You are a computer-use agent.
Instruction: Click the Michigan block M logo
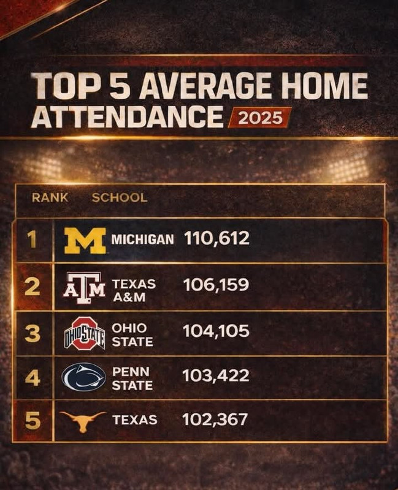85,241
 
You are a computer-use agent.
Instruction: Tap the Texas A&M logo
85,288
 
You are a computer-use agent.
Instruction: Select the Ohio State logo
85,333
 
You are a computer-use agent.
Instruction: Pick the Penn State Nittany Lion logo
84,377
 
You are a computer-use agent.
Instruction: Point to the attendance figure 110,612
216,239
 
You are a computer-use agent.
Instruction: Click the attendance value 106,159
216,285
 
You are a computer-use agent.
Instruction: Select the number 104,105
216,331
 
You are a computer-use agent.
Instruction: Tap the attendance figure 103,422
216,375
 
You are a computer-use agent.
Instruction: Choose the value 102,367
215,420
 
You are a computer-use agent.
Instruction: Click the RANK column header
50,198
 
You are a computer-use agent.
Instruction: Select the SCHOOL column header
120,198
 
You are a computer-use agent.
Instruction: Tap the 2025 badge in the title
260,118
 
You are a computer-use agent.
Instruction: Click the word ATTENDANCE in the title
127,117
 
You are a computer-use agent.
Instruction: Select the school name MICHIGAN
142,239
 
